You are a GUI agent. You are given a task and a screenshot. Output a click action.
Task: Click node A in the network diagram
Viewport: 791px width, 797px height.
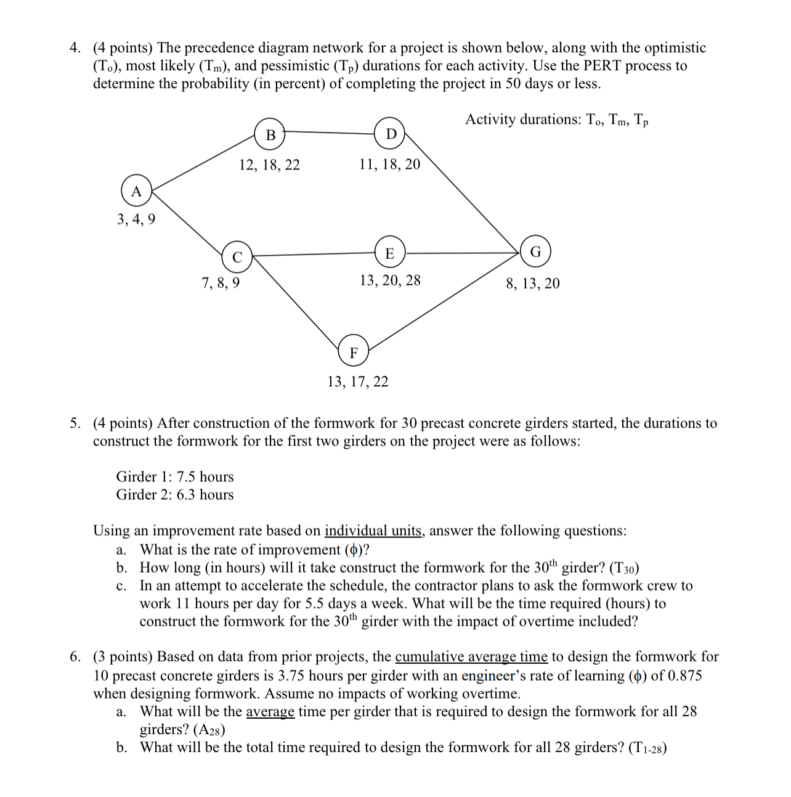[x=137, y=191]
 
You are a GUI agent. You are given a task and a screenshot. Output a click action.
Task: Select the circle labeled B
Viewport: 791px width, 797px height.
[x=270, y=135]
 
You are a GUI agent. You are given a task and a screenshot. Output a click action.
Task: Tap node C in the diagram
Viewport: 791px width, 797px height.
[x=237, y=257]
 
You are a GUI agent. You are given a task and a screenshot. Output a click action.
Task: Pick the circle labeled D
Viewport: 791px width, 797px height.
[x=391, y=134]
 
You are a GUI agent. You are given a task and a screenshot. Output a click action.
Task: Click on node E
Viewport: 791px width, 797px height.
[x=389, y=253]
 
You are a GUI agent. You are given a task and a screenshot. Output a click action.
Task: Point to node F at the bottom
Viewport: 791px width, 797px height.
[x=354, y=353]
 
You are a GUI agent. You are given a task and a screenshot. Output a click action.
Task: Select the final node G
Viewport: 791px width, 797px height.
[x=535, y=252]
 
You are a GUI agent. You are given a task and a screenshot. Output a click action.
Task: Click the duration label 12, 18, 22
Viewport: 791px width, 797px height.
[x=269, y=165]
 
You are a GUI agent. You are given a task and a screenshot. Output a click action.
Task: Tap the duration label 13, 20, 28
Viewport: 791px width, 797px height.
[x=390, y=280]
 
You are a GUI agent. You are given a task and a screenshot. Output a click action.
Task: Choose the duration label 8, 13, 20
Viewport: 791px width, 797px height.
[x=533, y=284]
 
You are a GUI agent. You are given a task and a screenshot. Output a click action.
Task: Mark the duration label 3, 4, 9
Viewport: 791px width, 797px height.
[x=136, y=219]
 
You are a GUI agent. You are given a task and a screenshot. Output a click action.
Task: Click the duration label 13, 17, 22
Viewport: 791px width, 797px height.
[x=357, y=382]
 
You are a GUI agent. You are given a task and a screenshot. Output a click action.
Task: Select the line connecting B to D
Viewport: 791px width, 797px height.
[x=330, y=131]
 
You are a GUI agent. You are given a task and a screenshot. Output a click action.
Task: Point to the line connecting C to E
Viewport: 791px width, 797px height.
[x=314, y=253]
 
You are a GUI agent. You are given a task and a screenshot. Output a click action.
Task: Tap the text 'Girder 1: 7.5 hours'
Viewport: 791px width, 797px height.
[x=175, y=476]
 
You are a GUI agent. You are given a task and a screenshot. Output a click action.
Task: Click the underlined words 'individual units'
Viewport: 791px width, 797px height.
[x=373, y=531]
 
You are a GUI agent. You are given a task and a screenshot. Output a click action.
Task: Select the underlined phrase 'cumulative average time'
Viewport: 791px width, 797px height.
[x=471, y=657]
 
